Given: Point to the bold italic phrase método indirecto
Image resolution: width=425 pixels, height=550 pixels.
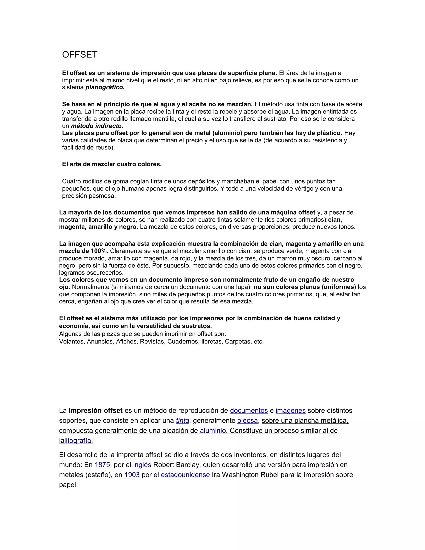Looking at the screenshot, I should click(97, 126).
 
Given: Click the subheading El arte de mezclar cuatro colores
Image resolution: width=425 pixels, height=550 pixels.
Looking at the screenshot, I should click(112, 164).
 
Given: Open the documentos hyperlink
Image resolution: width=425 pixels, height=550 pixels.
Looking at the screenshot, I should click(249, 411).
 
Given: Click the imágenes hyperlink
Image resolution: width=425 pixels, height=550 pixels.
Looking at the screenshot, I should click(291, 411).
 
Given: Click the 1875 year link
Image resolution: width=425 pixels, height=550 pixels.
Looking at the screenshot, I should click(102, 465).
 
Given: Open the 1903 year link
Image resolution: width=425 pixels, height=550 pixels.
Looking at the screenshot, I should click(132, 475).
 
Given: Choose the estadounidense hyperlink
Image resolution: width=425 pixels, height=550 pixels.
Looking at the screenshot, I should click(185, 475).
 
